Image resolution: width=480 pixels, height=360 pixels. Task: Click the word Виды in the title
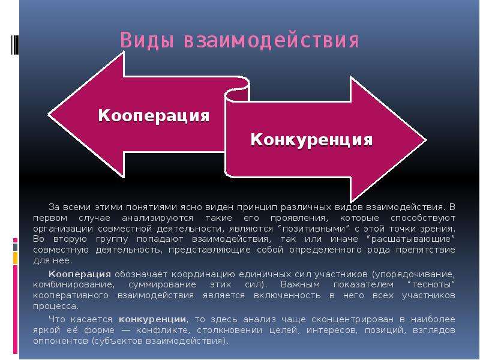[147, 40]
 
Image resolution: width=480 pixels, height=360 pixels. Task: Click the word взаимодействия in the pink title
[271, 40]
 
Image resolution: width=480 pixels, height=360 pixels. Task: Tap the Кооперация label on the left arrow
[154, 116]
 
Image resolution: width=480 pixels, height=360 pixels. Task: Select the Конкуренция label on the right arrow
[311, 140]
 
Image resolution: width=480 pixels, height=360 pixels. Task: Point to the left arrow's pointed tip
[49, 115]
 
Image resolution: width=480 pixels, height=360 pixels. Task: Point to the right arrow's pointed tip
[426, 140]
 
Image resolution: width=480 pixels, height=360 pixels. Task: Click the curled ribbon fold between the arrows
[237, 92]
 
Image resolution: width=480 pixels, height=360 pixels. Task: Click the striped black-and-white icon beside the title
[14, 45]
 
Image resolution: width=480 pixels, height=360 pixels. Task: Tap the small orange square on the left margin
[16, 258]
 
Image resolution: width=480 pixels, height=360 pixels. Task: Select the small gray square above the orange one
[16, 247]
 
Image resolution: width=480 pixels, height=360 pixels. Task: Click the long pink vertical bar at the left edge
[16, 310]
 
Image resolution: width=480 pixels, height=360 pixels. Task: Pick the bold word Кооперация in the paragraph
[80, 274]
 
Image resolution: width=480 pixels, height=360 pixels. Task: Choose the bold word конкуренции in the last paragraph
[152, 320]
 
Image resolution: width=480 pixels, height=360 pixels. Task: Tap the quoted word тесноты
[431, 284]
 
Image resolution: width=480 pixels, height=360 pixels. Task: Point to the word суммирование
[162, 284]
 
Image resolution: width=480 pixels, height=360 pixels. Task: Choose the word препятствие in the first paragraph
[425, 250]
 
